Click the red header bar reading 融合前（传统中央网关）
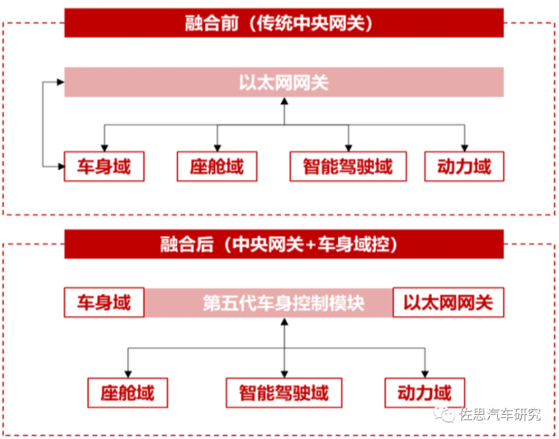(x=284, y=23)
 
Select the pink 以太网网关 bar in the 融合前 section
(x=284, y=82)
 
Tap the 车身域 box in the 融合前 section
(x=104, y=167)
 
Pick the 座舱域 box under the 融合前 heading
(x=217, y=167)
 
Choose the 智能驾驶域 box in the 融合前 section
(x=348, y=167)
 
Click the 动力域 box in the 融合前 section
(x=465, y=167)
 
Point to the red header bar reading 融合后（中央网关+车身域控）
(x=284, y=244)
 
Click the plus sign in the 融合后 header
(x=311, y=245)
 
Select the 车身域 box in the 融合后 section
(x=104, y=303)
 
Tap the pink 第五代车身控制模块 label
(x=284, y=303)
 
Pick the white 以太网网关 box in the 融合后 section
(x=448, y=303)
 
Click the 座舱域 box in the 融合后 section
(x=127, y=393)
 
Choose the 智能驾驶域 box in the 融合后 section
(x=284, y=393)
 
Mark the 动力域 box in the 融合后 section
(x=424, y=393)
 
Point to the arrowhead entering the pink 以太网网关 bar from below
(x=284, y=101)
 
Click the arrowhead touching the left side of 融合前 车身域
(x=61, y=167)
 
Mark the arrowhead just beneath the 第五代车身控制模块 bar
(x=284, y=322)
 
